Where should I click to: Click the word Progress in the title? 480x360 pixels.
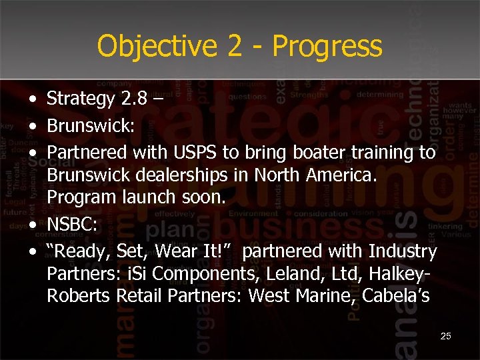pyautogui.click(x=327, y=46)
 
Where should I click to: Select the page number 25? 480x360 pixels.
pyautogui.click(x=446, y=336)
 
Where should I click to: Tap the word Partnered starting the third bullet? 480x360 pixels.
pyautogui.click(x=87, y=153)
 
